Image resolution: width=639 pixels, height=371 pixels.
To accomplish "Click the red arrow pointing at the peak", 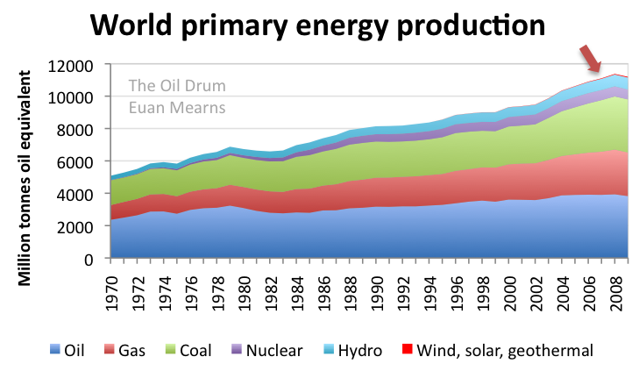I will (593, 60).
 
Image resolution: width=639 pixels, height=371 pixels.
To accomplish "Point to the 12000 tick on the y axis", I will (76, 65).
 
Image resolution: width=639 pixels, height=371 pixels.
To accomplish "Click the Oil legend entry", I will (75, 350).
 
